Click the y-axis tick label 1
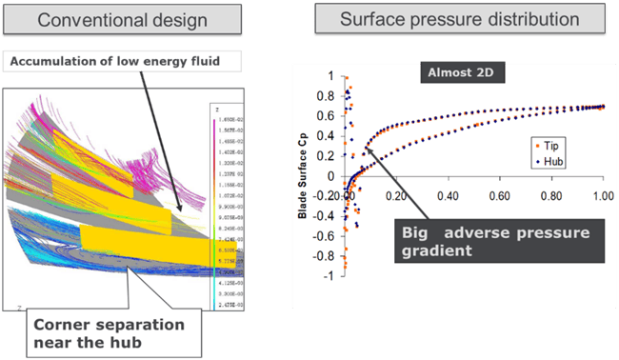tap(330, 75)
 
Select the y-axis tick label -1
tap(329, 275)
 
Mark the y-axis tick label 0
tap(330, 175)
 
